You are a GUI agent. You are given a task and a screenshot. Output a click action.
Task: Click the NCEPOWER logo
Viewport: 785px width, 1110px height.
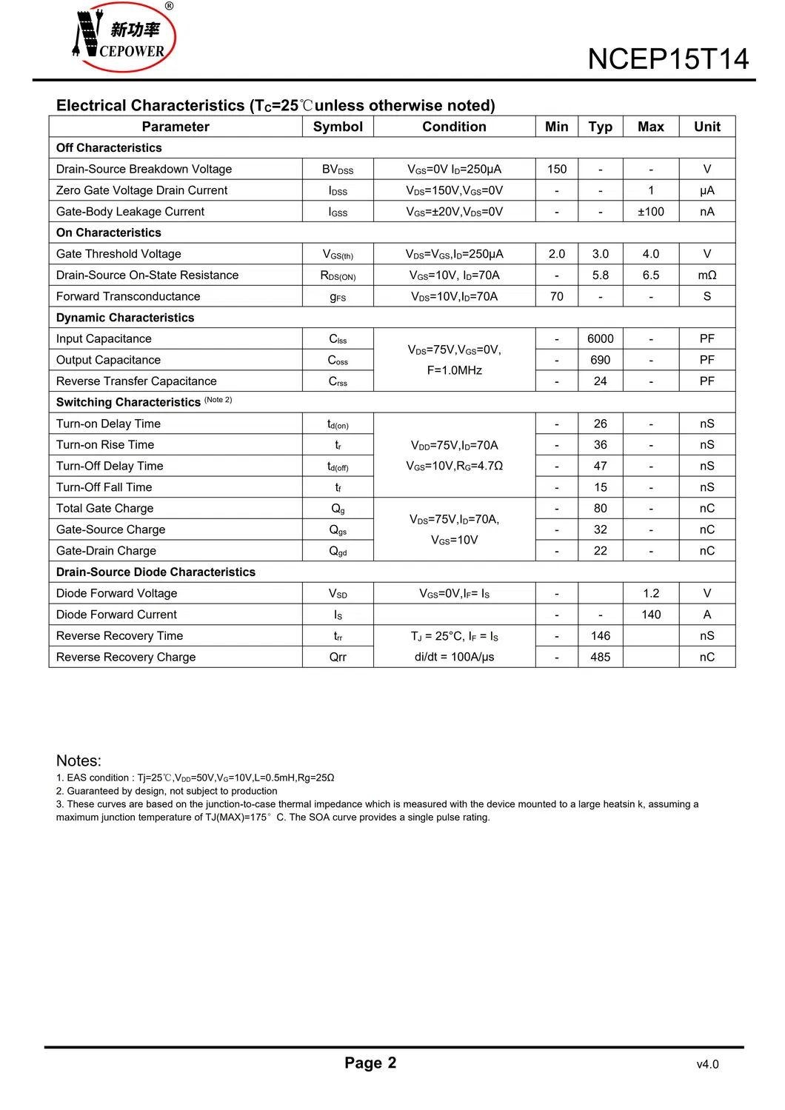click(124, 37)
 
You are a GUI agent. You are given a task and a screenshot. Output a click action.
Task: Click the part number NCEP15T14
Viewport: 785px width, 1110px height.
click(668, 59)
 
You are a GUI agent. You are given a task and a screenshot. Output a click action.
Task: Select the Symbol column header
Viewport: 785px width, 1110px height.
click(338, 127)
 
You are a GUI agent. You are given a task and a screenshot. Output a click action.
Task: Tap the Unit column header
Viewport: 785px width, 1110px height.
click(706, 127)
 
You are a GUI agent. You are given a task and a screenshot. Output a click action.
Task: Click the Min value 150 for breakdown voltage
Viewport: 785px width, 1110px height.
click(557, 169)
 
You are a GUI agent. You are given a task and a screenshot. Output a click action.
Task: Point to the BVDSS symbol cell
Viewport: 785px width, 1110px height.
click(338, 170)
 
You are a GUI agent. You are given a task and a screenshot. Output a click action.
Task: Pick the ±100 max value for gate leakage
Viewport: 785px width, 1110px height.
click(651, 212)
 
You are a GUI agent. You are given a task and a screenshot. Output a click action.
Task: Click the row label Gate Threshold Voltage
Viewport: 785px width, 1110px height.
click(118, 254)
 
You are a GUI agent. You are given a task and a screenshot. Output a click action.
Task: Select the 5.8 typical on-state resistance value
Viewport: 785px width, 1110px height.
click(600, 275)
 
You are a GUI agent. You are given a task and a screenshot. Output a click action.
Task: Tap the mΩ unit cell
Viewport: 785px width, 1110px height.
click(706, 275)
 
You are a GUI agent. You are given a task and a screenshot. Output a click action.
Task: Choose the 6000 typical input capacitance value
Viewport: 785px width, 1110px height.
click(600, 338)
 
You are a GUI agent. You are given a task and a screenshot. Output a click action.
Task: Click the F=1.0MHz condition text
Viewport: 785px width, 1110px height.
click(454, 370)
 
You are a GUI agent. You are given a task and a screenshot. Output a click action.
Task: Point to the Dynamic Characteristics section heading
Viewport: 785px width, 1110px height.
click(125, 318)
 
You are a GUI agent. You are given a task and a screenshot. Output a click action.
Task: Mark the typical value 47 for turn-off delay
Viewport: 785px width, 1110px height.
click(600, 466)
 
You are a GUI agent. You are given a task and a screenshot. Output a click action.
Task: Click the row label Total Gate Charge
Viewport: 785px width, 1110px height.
click(104, 508)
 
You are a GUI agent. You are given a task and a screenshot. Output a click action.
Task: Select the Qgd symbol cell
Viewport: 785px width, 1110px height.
click(338, 551)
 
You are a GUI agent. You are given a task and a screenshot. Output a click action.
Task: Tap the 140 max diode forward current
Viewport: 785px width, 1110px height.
click(651, 615)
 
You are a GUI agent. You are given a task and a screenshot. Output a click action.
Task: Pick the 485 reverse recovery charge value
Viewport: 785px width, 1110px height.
click(600, 657)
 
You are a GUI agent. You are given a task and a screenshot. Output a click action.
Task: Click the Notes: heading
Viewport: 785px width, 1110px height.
click(78, 760)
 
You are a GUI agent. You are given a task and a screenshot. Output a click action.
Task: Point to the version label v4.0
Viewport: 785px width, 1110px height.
click(707, 1064)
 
